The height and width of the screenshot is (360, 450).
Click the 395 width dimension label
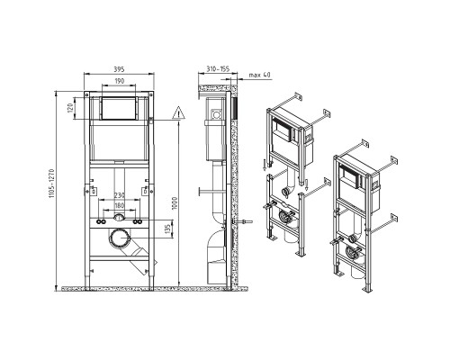[119, 69]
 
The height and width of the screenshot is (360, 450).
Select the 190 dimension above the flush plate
[119, 81]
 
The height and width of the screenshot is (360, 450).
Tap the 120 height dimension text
[70, 108]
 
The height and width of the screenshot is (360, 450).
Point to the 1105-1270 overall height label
[51, 184]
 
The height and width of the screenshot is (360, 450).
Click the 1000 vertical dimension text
[175, 203]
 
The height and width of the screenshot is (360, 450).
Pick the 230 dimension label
[119, 195]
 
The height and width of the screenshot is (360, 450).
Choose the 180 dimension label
[119, 205]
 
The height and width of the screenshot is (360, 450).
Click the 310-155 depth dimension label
[218, 69]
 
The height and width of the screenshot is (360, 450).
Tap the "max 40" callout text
[259, 75]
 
